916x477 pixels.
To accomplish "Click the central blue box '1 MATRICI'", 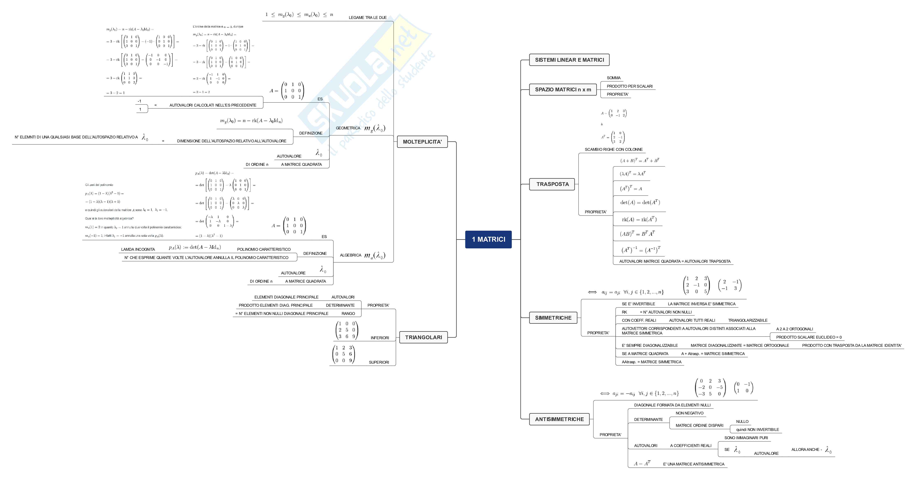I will [488, 239].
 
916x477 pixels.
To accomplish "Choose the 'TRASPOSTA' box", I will [552, 184].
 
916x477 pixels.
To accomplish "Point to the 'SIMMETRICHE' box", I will [553, 318].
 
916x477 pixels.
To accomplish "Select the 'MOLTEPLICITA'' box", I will [422, 142].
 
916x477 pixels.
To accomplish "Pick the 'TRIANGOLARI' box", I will [423, 337].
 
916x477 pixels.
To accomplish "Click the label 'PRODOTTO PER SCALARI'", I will [629, 86].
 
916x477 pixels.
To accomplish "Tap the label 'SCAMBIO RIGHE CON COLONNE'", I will [613, 149].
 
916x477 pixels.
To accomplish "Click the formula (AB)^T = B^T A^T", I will [637, 234].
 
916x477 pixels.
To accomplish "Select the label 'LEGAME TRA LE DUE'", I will [367, 17].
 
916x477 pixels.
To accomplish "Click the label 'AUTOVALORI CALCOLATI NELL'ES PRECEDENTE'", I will [213, 105].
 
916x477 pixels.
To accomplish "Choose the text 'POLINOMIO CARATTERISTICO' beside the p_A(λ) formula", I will [264, 249].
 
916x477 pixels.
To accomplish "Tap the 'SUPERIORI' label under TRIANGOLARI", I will [379, 362].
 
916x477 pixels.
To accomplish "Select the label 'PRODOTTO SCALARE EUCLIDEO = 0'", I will [809, 337].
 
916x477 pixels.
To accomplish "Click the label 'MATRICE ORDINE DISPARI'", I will [699, 425].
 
